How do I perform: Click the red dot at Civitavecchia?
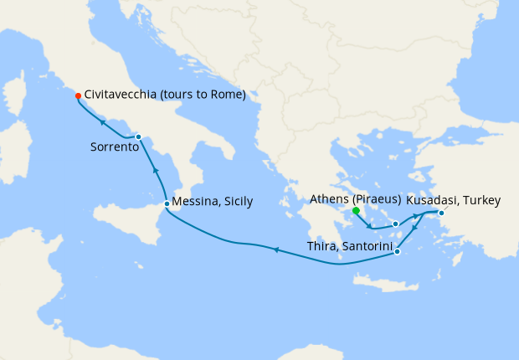[78, 95]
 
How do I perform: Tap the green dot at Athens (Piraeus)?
[356, 211]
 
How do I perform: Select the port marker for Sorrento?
[138, 136]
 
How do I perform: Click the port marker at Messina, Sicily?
[167, 203]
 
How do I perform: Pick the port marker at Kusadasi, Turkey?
[442, 213]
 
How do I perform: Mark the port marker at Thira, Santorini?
[397, 251]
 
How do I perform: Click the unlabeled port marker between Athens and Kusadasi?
[395, 224]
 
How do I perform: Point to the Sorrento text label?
[113, 147]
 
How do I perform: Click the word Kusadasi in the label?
[432, 200]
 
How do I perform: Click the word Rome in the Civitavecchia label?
[225, 95]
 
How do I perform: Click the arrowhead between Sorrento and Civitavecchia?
[102, 122]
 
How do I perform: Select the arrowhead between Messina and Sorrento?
[155, 169]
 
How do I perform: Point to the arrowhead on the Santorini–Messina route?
[275, 249]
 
